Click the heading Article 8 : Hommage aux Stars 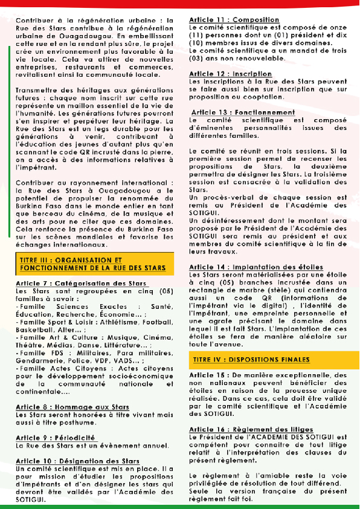click(x=72, y=407)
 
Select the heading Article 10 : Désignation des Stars click(x=78, y=461)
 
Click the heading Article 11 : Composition click(x=234, y=20)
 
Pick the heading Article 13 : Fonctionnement click(x=243, y=112)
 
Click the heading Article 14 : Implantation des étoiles click(x=256, y=267)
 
